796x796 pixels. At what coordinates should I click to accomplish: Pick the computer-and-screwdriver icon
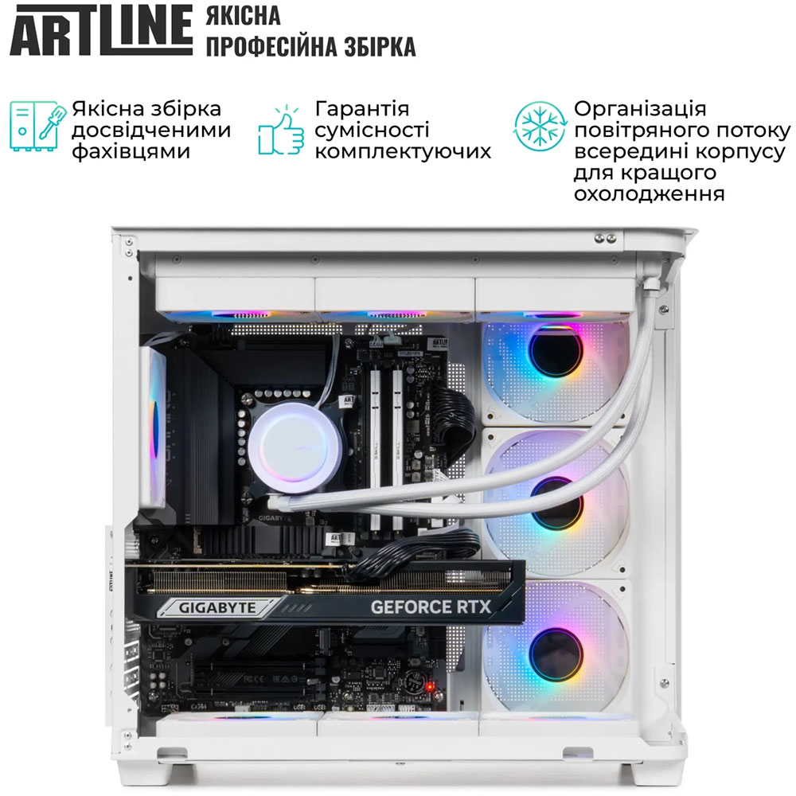pyautogui.click(x=35, y=126)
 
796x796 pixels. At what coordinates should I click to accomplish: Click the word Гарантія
pyautogui.click(x=362, y=109)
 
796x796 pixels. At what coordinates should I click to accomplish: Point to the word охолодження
pyautogui.click(x=648, y=194)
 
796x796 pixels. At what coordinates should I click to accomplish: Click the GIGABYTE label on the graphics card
pyautogui.click(x=217, y=607)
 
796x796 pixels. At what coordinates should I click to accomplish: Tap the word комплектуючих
pyautogui.click(x=403, y=151)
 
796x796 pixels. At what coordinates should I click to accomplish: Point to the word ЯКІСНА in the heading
pyautogui.click(x=243, y=16)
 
